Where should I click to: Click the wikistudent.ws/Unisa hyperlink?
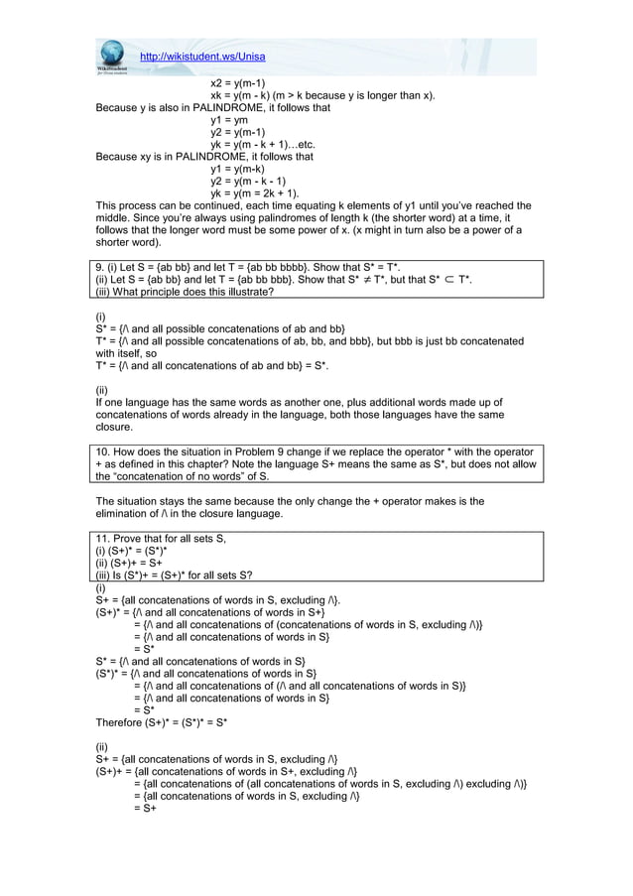point(202,56)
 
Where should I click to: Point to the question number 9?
point(99,268)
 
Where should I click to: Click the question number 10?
point(103,450)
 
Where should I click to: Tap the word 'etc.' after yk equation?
point(311,144)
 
